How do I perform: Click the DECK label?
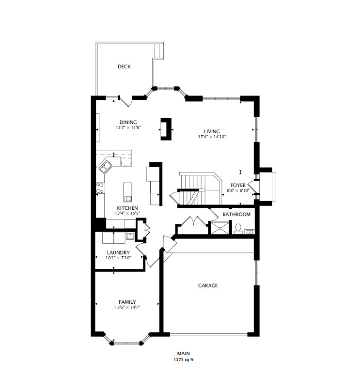click(124, 67)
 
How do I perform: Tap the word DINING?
click(128, 122)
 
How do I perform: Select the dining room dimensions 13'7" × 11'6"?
click(128, 128)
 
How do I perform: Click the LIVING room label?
click(212, 131)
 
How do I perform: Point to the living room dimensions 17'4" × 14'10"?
click(212, 137)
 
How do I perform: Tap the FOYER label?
click(238, 185)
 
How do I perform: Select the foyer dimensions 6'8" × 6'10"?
click(238, 190)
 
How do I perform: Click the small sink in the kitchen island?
click(128, 198)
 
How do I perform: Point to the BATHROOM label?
click(236, 214)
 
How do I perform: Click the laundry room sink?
click(130, 236)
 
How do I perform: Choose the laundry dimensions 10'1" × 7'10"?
click(118, 258)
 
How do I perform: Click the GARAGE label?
click(207, 286)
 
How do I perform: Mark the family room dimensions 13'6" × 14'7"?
click(127, 307)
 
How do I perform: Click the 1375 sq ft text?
click(183, 360)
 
